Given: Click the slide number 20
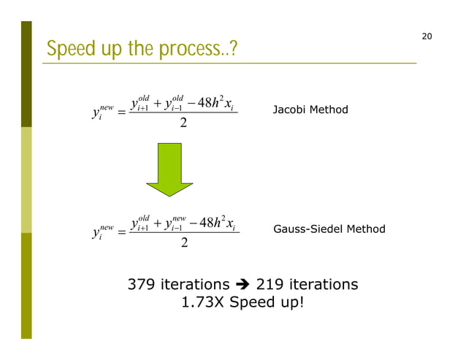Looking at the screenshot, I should pos(427,37).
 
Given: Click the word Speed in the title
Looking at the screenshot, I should pos(67,50).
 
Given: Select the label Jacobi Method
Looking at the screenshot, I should pos(310,110).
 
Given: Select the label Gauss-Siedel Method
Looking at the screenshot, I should pos(329,229).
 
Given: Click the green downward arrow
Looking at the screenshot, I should pos(169,169).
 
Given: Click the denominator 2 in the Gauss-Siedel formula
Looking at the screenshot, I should pos(184,242).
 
